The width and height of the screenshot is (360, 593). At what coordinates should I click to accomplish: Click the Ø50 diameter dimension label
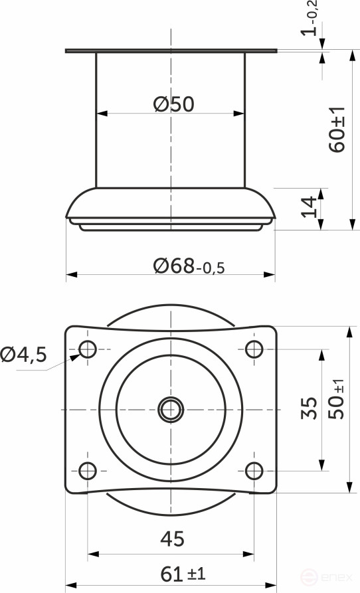(x=173, y=104)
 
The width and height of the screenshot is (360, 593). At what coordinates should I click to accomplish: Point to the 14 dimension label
(x=309, y=207)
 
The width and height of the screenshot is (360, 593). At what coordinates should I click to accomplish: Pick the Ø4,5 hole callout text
(x=24, y=355)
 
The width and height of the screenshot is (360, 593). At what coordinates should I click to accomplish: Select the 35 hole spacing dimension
(x=308, y=409)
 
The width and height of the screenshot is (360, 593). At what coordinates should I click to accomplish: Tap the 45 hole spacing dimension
(x=171, y=538)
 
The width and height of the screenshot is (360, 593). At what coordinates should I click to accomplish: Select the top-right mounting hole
(x=254, y=349)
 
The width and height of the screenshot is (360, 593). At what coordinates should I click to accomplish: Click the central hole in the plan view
(x=171, y=409)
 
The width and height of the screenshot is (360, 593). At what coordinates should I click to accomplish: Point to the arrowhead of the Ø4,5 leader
(x=74, y=357)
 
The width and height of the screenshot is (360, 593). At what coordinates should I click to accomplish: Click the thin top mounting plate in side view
(x=171, y=50)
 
